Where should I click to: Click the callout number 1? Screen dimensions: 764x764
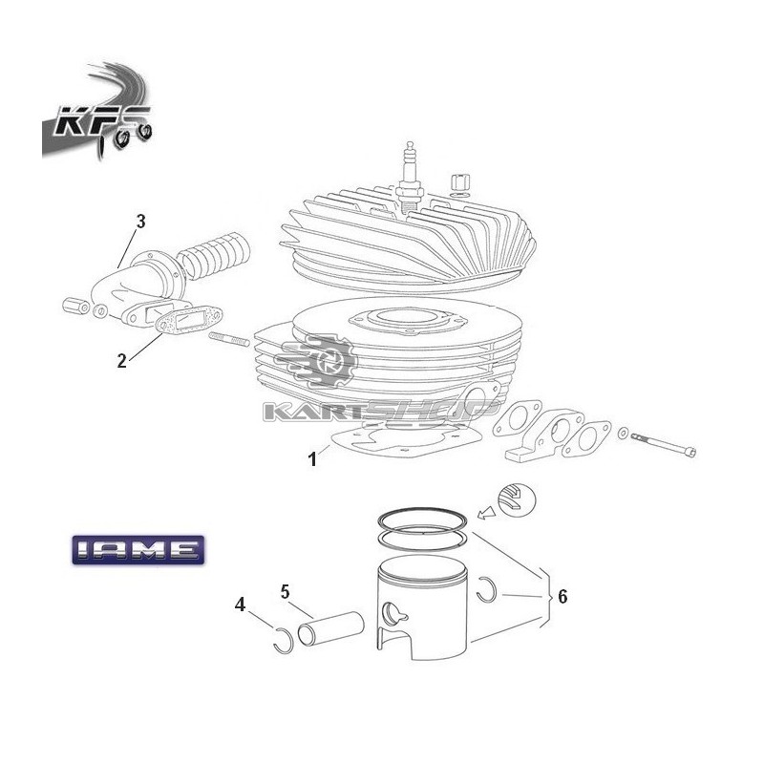pos(312,459)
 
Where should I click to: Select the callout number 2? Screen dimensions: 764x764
pos(121,361)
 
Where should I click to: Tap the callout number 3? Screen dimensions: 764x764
pos(140,222)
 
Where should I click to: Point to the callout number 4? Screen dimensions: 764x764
pos(240,605)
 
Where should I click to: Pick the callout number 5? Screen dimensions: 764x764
pos(285,592)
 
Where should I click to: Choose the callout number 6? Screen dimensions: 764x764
pos(562,596)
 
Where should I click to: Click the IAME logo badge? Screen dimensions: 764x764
pos(138,550)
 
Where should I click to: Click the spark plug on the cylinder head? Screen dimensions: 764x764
pos(409,178)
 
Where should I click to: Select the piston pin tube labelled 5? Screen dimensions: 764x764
pos(330,629)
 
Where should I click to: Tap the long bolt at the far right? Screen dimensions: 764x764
pos(663,444)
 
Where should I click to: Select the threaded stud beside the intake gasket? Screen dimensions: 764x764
pos(229,339)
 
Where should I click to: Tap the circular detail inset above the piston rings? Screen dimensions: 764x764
pos(516,500)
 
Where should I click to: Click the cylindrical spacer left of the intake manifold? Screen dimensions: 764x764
pos(76,306)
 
